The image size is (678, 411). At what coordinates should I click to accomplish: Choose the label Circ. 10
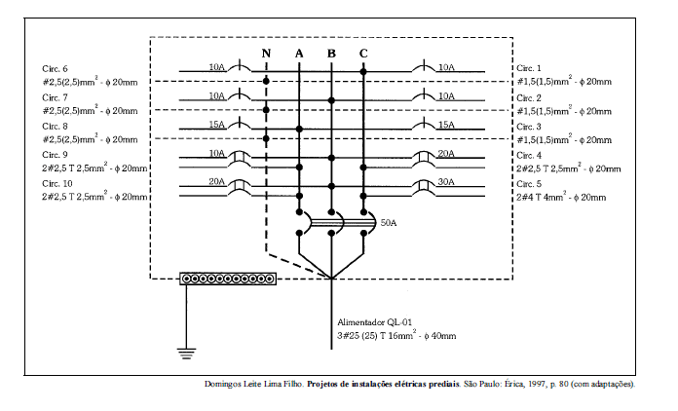pos(57,184)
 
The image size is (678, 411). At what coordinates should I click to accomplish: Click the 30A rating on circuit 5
pos(446,182)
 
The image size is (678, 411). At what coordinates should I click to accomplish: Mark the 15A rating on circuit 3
pos(446,125)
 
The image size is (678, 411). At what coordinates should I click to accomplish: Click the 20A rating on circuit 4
pos(446,154)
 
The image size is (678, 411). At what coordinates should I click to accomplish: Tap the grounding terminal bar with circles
pos(229,279)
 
